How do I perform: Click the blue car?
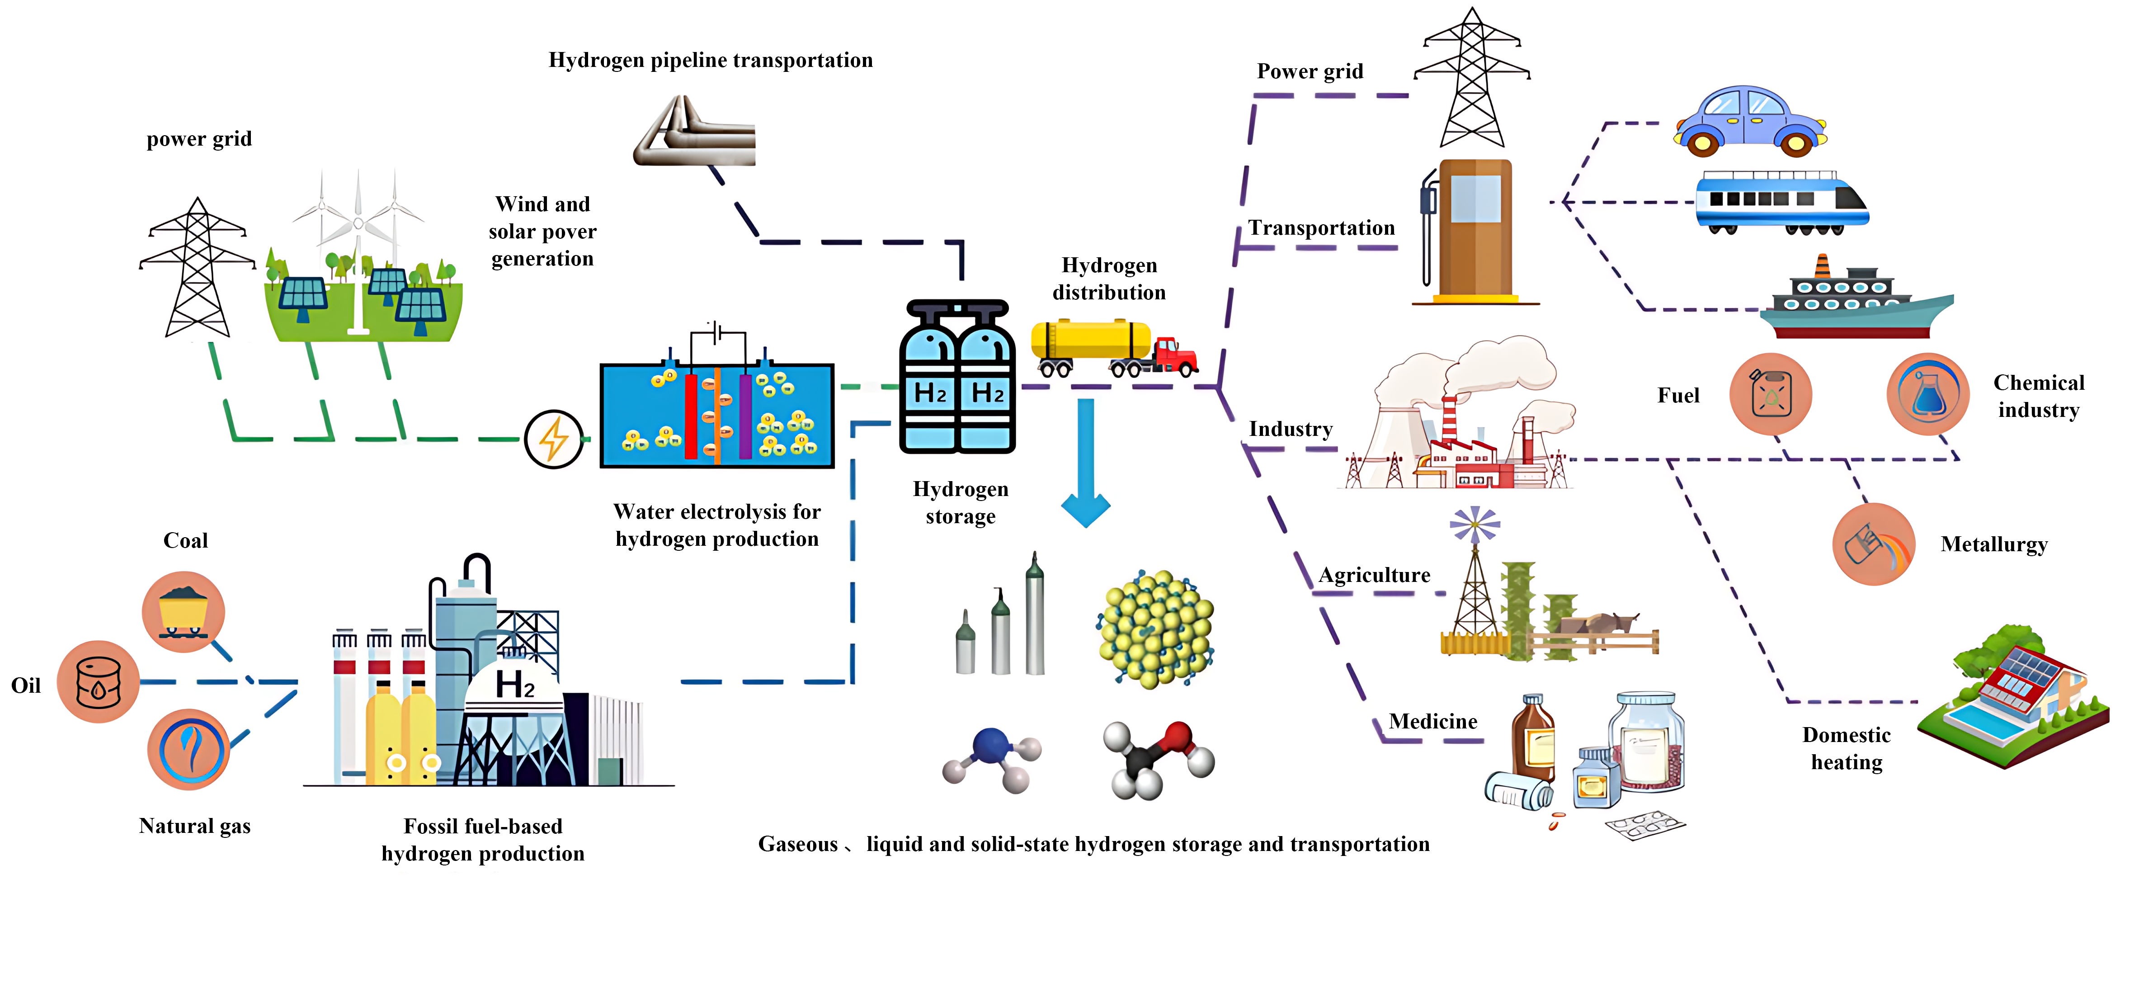click(1749, 121)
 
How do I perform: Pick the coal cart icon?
click(184, 611)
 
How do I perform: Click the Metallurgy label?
click(1994, 545)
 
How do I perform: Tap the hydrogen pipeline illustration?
click(696, 133)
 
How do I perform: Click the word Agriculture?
click(1374, 575)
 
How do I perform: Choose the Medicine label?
click(1433, 721)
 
